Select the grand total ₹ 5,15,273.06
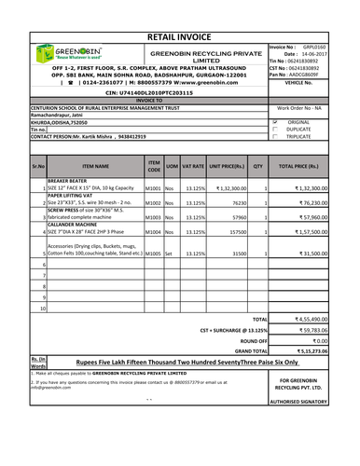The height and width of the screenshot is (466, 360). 319,350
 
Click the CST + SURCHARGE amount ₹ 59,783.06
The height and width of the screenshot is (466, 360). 319,330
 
